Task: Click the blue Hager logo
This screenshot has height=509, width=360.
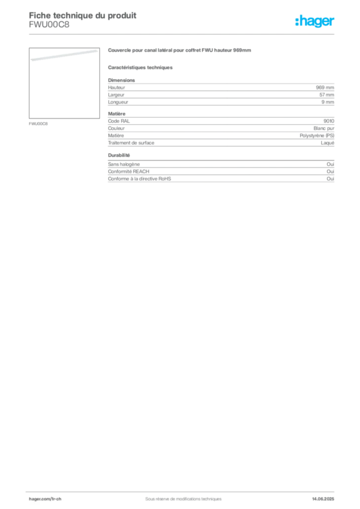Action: tap(316, 21)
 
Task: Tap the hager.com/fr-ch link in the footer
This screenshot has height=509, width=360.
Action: tap(45, 498)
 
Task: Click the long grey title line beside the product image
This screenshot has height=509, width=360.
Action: tap(181, 51)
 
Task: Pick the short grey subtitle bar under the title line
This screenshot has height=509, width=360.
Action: tap(141, 67)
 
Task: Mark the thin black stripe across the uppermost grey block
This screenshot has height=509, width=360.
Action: tap(224, 100)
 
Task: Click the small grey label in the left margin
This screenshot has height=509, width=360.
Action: tap(40, 123)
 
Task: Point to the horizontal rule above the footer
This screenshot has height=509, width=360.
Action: tap(183, 490)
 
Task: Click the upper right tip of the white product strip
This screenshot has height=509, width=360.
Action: tap(96, 49)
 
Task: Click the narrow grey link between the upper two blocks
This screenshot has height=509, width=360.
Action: tap(118, 110)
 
